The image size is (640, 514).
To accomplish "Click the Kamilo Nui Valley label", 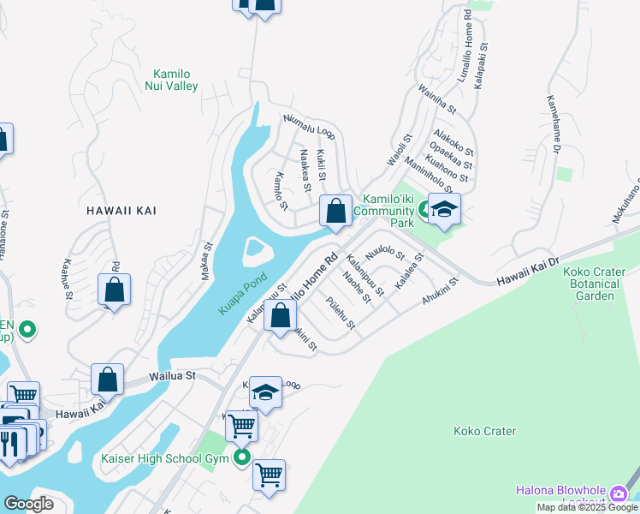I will pos(175,80).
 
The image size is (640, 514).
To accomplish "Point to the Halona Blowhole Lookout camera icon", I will pos(618,493).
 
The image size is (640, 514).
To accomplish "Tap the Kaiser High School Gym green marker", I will pos(242,458).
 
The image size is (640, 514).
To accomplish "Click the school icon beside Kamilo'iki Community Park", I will pos(444,210).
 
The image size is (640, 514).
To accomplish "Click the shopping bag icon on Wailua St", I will pos(108,379).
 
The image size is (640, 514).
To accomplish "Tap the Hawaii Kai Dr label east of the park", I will pos(529,270).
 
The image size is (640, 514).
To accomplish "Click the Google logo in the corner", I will pos(28,504).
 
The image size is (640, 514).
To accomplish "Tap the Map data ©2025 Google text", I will pos(587,507).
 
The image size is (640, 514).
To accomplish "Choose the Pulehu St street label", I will pos(340,313).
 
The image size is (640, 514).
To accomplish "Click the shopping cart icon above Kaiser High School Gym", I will pos(241,425).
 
